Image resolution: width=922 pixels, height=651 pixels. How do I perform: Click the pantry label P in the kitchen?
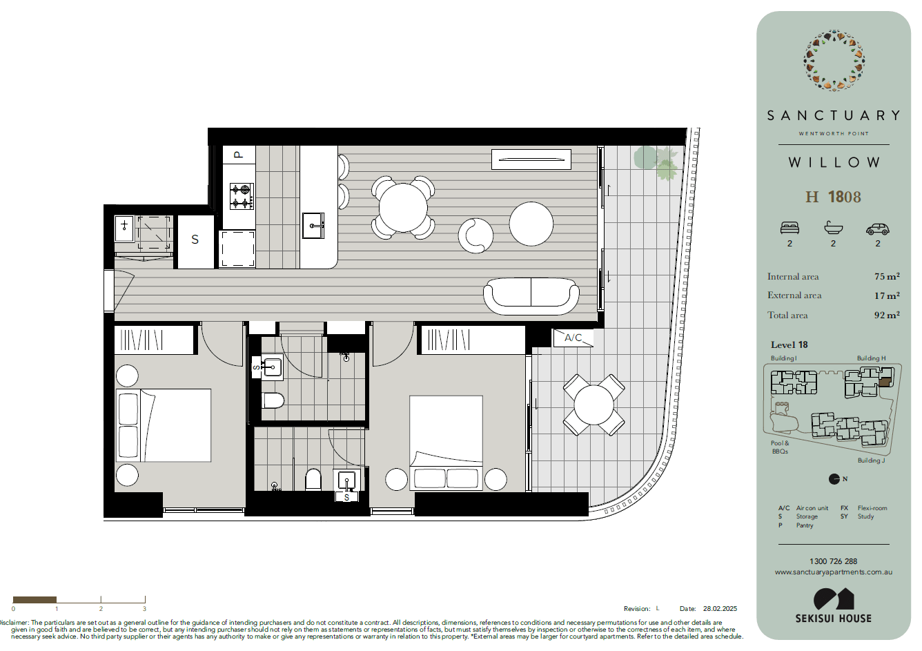tap(238, 155)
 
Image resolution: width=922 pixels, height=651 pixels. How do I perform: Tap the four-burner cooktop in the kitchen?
tap(242, 197)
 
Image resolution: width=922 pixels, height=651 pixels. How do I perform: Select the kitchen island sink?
tap(313, 225)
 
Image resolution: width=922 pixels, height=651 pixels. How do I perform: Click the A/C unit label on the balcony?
tap(573, 338)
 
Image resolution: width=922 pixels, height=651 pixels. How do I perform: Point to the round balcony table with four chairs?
tap(594, 405)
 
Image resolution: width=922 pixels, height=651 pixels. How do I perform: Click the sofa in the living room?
tap(531, 296)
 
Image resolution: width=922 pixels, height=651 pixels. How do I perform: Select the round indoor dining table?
tap(403, 208)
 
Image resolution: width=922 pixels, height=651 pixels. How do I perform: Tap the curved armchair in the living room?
tap(475, 235)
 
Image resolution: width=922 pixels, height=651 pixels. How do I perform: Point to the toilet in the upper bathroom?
tap(273, 400)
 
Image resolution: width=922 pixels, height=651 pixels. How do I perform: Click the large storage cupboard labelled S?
tap(195, 242)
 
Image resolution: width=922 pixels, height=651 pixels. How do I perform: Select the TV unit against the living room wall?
tap(531, 159)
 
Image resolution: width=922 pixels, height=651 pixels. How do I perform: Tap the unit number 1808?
tap(844, 197)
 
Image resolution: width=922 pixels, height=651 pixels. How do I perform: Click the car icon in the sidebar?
tap(878, 229)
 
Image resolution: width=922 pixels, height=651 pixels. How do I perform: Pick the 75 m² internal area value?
tap(887, 276)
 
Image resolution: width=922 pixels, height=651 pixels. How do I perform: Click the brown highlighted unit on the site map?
tap(885, 382)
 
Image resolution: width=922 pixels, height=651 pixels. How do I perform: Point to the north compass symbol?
tap(834, 479)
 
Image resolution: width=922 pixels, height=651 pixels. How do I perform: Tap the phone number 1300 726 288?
tap(833, 561)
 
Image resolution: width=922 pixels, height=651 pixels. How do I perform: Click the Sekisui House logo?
tap(834, 605)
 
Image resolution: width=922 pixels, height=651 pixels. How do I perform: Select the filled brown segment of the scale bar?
tap(35, 599)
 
